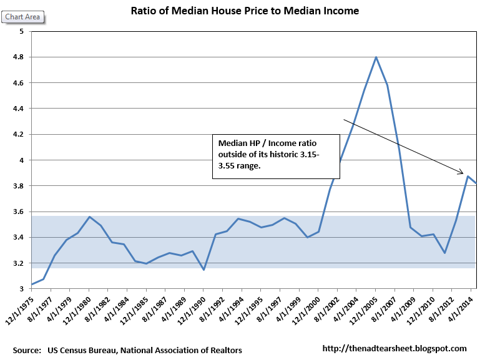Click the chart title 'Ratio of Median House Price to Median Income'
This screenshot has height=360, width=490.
click(245, 11)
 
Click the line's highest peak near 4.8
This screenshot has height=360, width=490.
click(376, 57)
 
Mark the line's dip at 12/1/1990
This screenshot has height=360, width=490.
click(203, 270)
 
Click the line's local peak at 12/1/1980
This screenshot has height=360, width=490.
click(89, 217)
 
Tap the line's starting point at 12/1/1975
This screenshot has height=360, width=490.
click(32, 285)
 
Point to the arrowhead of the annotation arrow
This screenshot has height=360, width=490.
click(461, 173)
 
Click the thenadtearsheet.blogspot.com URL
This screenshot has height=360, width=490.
click(394, 348)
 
